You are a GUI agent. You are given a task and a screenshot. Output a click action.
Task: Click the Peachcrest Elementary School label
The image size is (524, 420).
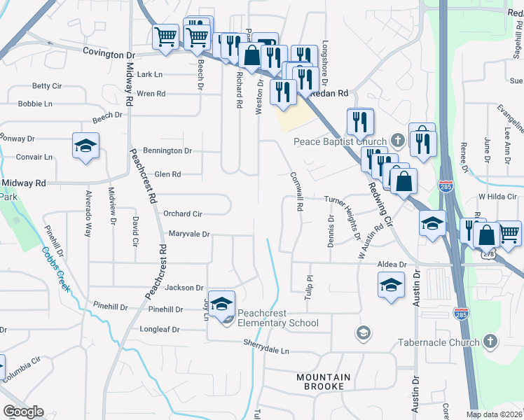277,318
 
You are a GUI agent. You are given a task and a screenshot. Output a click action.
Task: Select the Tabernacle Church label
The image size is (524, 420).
439,342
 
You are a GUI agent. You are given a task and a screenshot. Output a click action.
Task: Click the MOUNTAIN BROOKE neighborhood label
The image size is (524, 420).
320,381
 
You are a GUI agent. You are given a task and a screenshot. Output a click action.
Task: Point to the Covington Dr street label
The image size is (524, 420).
109,53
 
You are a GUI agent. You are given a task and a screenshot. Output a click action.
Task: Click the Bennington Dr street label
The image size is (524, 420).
167,150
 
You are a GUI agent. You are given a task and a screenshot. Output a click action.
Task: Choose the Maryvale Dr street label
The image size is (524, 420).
188,234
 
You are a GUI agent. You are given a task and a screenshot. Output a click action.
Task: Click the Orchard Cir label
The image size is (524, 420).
182,213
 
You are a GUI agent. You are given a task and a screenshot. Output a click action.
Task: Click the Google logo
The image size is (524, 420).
23,412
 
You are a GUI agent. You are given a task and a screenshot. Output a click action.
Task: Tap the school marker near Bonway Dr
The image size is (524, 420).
85,146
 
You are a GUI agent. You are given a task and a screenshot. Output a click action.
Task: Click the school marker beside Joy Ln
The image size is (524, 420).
222,304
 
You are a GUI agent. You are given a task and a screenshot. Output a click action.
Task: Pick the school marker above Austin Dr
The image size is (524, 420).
391,284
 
